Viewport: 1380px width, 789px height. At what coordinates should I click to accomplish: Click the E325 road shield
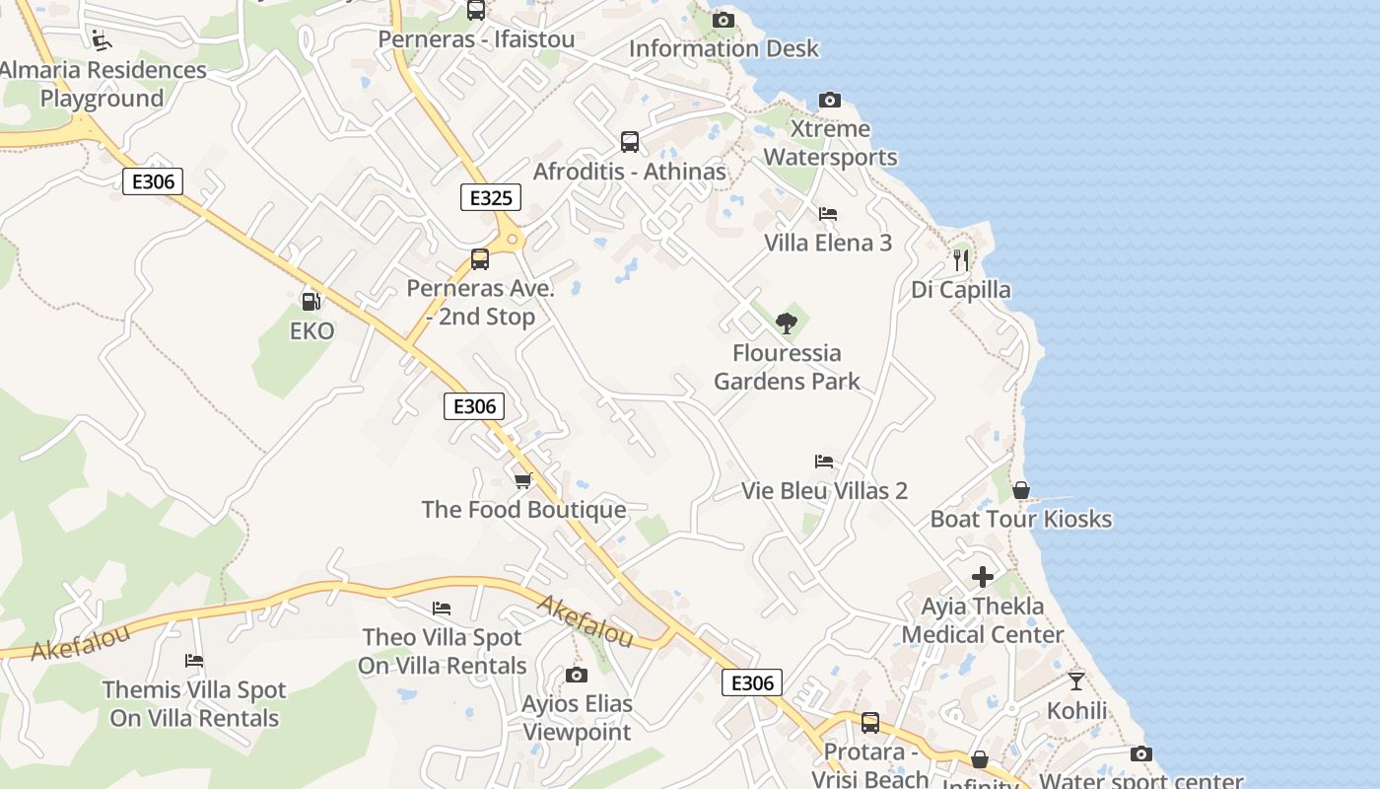(x=490, y=197)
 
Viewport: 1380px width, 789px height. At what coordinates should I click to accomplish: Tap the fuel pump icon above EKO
(x=310, y=302)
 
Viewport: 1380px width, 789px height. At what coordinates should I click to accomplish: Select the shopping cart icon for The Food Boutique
(x=522, y=480)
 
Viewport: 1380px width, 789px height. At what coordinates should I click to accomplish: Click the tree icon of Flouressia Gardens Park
(x=786, y=323)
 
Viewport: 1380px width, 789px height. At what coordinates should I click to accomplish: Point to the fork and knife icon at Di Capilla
(x=960, y=260)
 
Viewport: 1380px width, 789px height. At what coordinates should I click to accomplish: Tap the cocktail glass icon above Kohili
(x=1075, y=681)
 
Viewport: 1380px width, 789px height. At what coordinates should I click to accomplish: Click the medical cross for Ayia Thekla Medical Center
(x=983, y=577)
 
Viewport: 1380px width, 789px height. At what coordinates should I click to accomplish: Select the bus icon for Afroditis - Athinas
(x=629, y=141)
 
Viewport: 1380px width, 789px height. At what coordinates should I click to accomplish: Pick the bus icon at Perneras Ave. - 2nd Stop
(x=480, y=259)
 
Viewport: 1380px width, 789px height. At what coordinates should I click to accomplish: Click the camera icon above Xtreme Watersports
(x=830, y=100)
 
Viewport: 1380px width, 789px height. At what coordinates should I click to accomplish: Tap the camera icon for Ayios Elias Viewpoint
(x=577, y=675)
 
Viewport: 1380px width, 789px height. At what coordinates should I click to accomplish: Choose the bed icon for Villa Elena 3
(x=827, y=213)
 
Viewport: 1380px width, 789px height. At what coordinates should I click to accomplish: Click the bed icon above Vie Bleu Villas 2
(x=824, y=461)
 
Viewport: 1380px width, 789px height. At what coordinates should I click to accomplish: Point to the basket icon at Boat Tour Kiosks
(x=1020, y=489)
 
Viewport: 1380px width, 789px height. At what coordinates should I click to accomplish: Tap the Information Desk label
(x=724, y=48)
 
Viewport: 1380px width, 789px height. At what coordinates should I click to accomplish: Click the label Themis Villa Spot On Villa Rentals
(x=194, y=704)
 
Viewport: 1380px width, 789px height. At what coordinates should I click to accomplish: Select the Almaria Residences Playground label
(x=103, y=84)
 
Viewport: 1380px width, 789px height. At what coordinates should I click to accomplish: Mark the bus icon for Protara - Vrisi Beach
(x=869, y=723)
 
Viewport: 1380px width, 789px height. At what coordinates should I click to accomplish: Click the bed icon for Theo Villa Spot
(x=442, y=608)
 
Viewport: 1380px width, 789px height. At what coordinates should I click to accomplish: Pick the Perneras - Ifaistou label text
(x=476, y=38)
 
